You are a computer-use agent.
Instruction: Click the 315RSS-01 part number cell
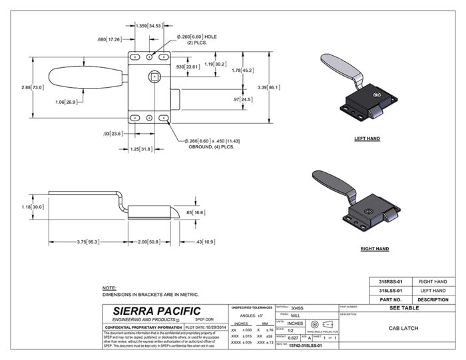point(389,282)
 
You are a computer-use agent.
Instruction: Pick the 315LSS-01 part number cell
point(389,291)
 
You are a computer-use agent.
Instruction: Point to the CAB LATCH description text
point(402,328)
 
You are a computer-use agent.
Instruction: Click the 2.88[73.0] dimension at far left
point(32,87)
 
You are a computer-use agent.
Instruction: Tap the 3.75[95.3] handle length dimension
point(87,242)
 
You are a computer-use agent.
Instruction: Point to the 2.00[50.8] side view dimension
point(150,242)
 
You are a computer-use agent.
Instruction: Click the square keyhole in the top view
point(154,77)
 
